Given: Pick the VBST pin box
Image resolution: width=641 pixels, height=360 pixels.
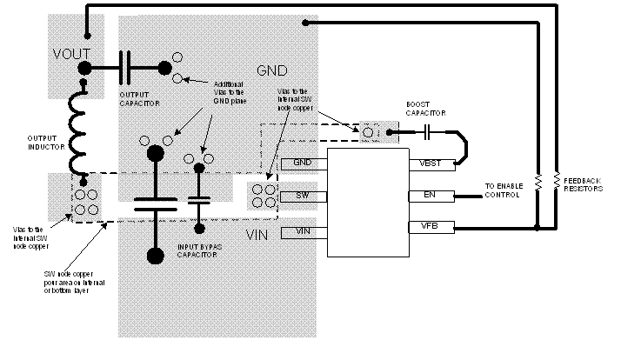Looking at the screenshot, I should [x=430, y=163].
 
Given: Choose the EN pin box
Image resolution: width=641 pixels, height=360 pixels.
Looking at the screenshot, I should [x=430, y=196].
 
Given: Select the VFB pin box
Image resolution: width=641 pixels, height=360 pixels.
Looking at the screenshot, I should [x=430, y=228].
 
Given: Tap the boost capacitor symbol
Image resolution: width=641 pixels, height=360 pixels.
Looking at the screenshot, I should [x=426, y=132].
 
